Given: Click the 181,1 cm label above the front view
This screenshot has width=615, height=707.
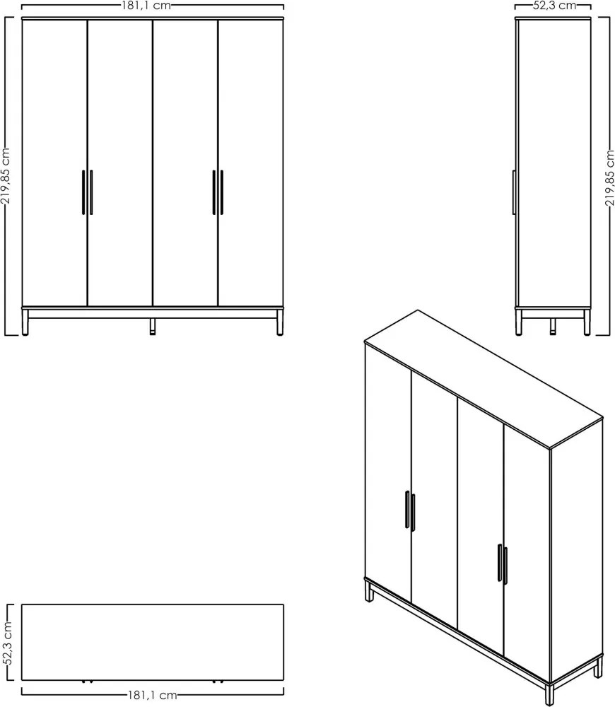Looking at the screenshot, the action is pos(146,6).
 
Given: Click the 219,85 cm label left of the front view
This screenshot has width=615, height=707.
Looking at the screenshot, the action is pos(5,176).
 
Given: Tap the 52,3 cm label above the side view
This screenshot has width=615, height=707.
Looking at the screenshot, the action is pos(555,6).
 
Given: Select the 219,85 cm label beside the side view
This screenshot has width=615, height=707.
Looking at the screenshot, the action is pos(609,177).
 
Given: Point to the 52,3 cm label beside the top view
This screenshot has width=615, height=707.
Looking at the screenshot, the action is pos(6,643).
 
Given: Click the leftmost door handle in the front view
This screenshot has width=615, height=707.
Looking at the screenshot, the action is pos(83,192).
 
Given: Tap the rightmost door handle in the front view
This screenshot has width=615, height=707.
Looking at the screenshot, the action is pos(222,192).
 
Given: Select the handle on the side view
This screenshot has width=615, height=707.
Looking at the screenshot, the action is pos(514,192).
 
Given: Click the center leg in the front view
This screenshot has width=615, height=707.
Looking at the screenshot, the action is pos(153,327).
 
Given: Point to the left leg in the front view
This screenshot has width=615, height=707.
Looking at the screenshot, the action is pos(25,322).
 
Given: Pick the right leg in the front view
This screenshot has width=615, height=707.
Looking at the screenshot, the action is pos(280,322).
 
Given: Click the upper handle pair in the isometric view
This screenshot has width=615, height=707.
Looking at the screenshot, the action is pos(410,510).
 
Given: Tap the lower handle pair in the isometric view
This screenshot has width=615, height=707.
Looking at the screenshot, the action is pos(503,564).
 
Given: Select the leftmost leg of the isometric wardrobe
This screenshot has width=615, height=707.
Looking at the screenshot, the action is pos(369,592).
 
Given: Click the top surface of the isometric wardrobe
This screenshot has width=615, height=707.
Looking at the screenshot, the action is pos(484,379).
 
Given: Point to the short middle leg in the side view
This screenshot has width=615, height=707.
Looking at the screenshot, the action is pos(553,327).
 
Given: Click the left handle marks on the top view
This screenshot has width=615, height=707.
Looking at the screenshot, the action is pos(88,682).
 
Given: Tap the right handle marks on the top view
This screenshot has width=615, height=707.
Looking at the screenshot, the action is pos(218,682).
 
